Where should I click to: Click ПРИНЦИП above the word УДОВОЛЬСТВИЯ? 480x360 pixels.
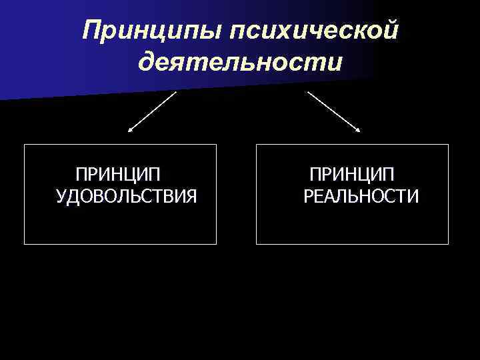click(118, 175)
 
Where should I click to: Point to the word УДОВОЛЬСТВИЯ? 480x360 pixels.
click(127, 197)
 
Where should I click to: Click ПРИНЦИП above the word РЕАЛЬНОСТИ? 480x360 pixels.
click(351, 175)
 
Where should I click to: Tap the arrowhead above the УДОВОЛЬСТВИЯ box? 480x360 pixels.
click(129, 131)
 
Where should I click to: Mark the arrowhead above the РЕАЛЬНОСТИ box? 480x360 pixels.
click(358, 131)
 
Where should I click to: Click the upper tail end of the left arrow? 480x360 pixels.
click(176, 92)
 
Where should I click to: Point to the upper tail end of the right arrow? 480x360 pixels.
click(307, 91)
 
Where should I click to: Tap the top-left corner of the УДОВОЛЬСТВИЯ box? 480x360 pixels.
click(25, 145)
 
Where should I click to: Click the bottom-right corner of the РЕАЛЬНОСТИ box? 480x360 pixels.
click(449, 244)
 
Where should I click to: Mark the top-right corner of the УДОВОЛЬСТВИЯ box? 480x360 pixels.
click(217, 145)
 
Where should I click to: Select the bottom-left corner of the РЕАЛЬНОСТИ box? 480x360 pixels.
click(257, 244)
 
